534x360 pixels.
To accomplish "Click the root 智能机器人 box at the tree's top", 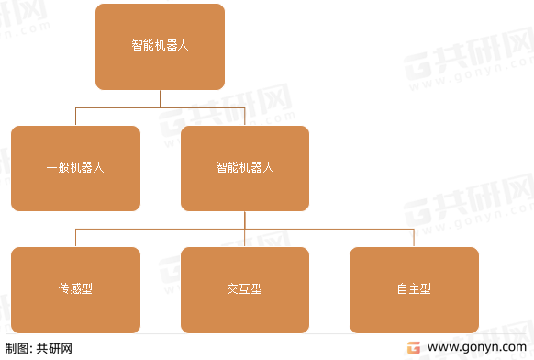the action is tap(160, 46).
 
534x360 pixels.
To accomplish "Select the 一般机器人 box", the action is tap(75, 168).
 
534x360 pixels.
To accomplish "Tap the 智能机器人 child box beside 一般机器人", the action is tap(245, 168).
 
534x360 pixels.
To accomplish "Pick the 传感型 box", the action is tap(75, 289).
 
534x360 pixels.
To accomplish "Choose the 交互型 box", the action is tap(245, 289).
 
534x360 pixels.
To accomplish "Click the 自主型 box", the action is tap(414, 289).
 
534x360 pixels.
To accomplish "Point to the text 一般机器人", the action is tap(75, 168).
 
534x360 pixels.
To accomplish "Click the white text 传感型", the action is tap(75, 289).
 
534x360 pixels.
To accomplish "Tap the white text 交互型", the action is tap(245, 289).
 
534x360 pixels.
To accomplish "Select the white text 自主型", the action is tap(414, 289).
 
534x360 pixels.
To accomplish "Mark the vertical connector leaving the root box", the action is tap(161, 98).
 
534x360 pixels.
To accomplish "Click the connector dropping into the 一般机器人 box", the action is tap(75, 117).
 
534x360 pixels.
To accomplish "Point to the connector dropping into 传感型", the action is tap(75, 238).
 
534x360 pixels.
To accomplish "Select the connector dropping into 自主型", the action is tap(414, 238).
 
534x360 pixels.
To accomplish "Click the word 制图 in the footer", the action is tap(16, 348).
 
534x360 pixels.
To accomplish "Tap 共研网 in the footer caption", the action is tap(54, 348).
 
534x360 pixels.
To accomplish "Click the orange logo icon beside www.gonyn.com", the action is tap(414, 348).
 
